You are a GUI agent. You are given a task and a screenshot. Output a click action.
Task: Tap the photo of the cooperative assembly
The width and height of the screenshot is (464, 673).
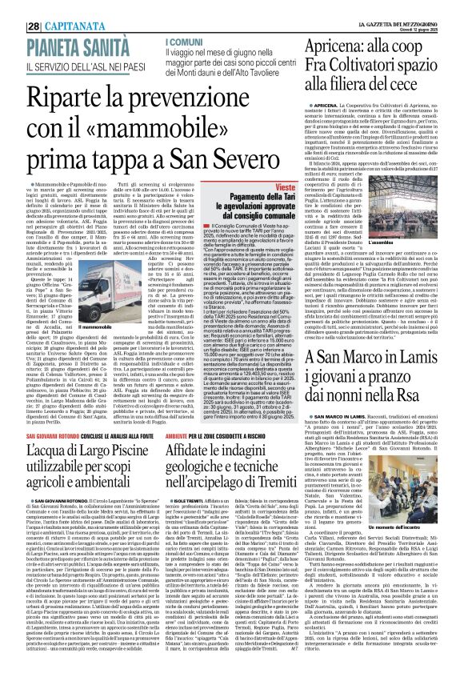(430, 208)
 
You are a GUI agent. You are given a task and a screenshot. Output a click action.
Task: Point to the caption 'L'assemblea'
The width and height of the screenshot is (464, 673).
(430, 238)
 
